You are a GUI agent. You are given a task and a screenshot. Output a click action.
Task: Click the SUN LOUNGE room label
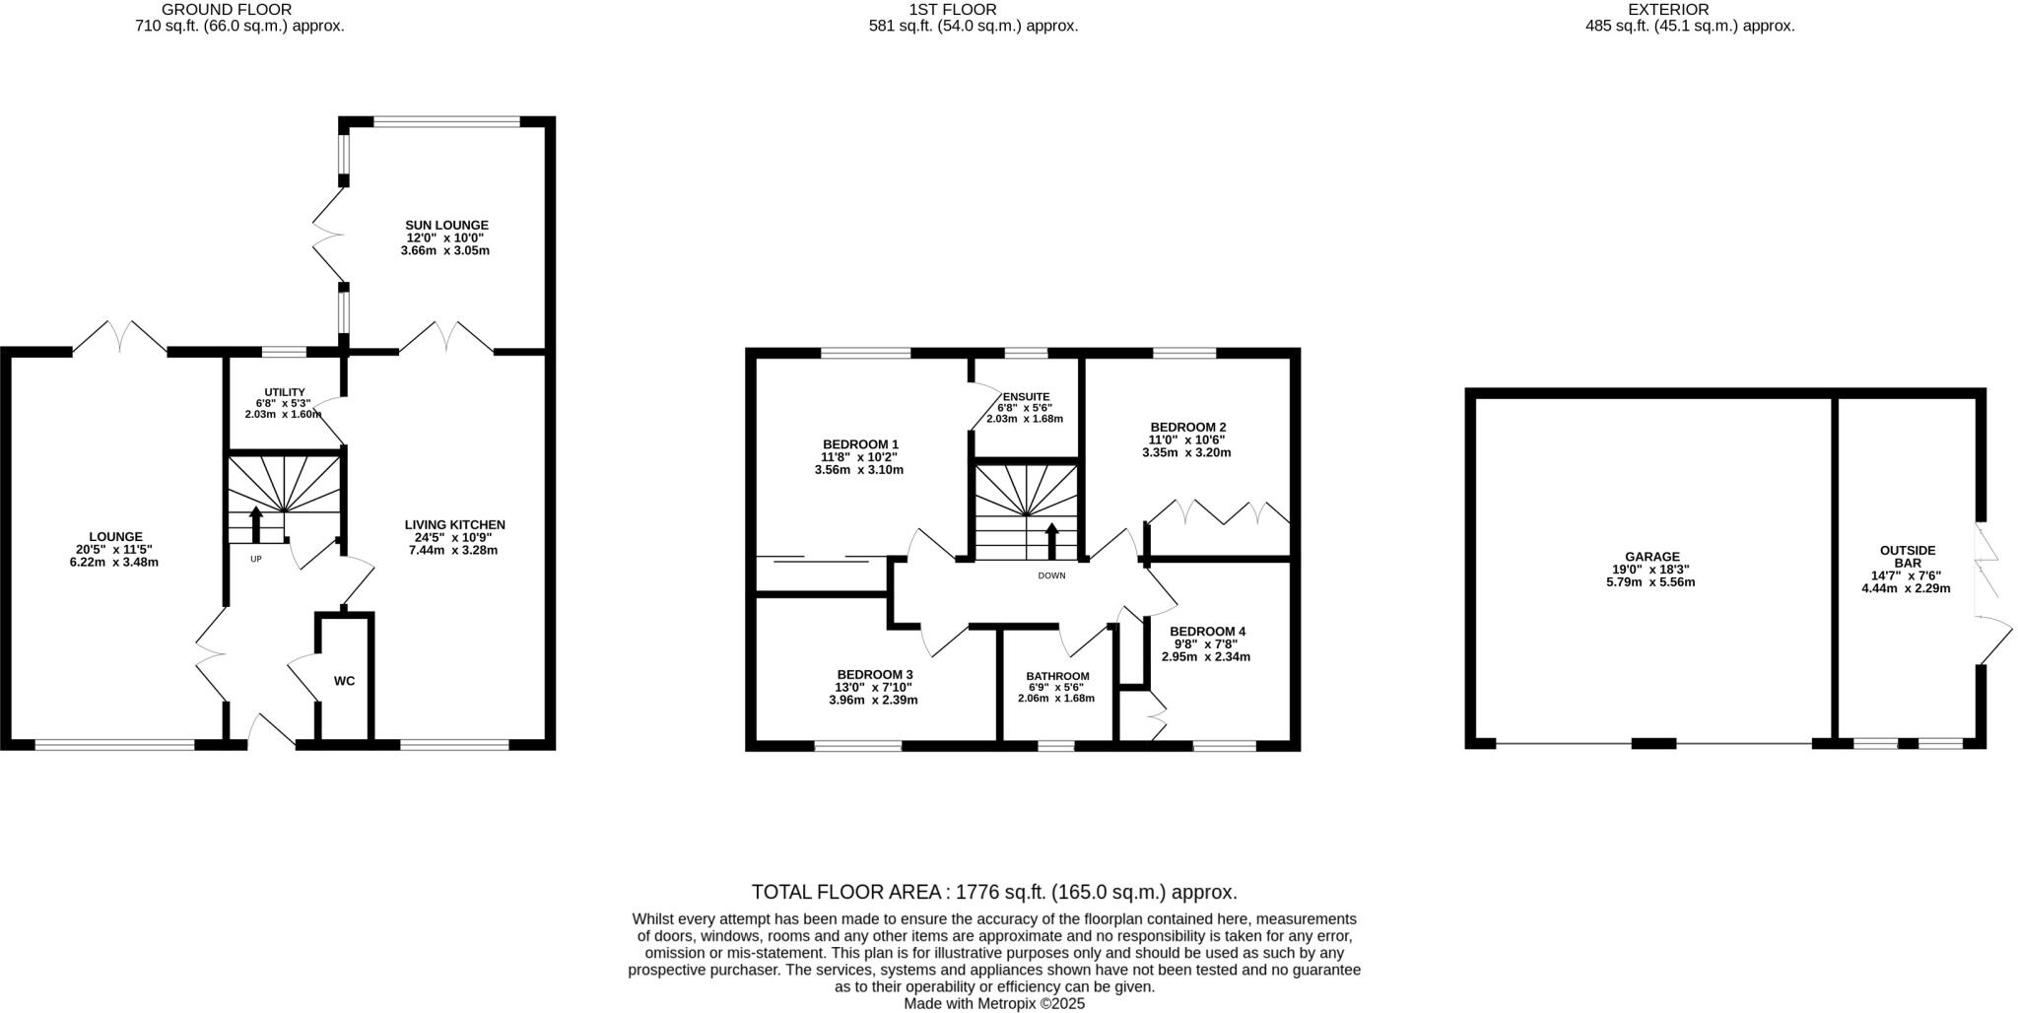(446, 225)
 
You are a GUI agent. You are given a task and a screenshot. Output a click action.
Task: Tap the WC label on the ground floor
(344, 681)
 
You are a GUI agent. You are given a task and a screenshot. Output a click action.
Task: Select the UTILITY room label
(284, 391)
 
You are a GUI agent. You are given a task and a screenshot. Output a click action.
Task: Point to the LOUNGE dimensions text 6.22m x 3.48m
(115, 563)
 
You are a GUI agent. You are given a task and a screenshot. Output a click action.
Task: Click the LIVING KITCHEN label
(454, 524)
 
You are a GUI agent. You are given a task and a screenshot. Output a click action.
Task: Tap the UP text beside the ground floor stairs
(255, 559)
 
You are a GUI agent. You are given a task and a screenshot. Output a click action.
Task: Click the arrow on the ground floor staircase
(256, 523)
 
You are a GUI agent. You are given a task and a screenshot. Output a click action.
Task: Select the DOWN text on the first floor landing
(1051, 575)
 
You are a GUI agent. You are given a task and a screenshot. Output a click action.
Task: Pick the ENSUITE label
(1026, 396)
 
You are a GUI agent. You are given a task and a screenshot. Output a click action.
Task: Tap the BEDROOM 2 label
(1186, 427)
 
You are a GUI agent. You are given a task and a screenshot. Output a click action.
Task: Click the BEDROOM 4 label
(1207, 631)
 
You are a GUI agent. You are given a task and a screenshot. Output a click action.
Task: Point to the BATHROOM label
(1056, 676)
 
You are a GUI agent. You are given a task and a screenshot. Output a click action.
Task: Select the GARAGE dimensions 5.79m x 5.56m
(1650, 582)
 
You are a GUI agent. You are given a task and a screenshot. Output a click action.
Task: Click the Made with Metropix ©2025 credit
(994, 1003)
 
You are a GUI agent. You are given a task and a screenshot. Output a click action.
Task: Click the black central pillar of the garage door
(1653, 743)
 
